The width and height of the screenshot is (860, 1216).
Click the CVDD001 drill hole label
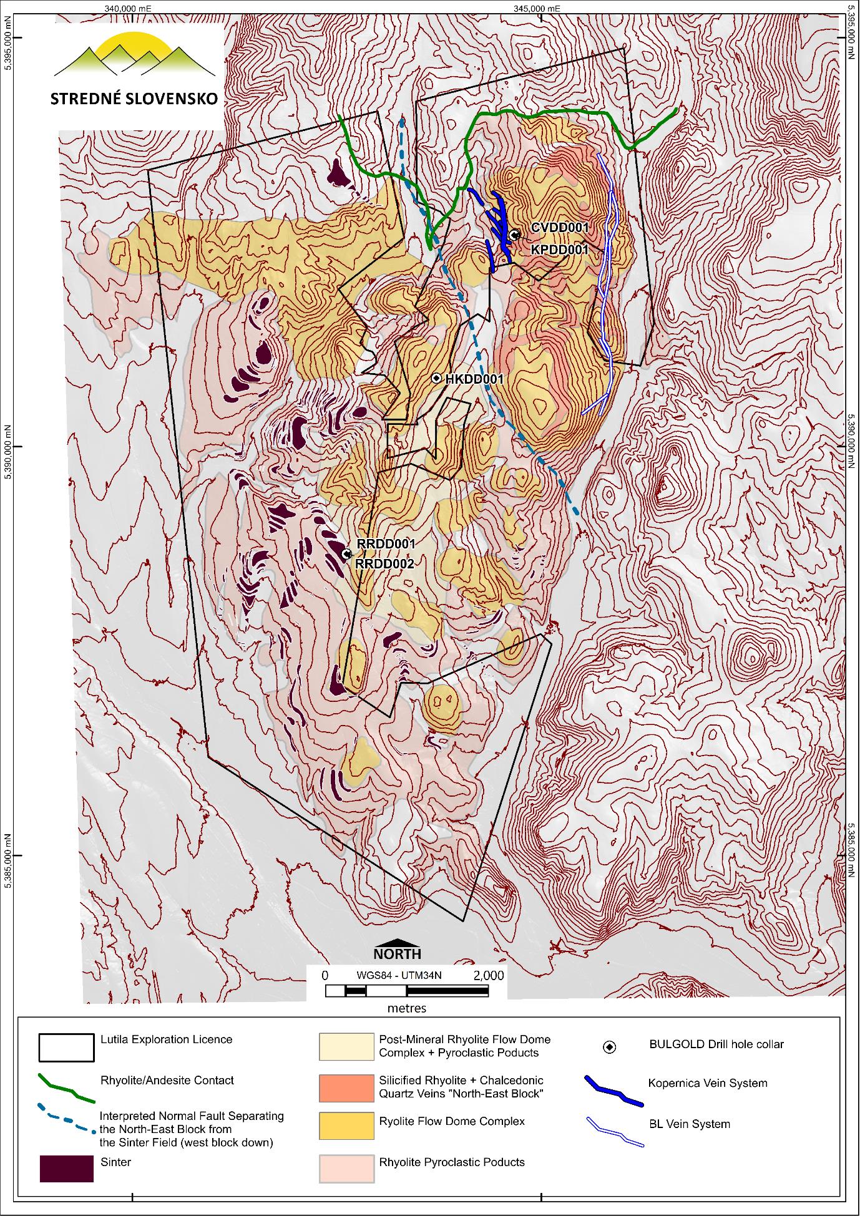point(560,228)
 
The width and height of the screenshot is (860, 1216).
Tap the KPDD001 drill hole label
point(560,250)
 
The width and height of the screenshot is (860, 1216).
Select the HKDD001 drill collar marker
point(437,379)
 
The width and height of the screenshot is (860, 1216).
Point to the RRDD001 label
point(386,544)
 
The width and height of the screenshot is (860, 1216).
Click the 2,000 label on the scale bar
point(489,975)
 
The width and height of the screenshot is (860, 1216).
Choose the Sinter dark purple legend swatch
point(67,1168)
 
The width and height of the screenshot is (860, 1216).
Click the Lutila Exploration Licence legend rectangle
point(67,1048)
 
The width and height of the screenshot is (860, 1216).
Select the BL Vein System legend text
point(689,1124)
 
